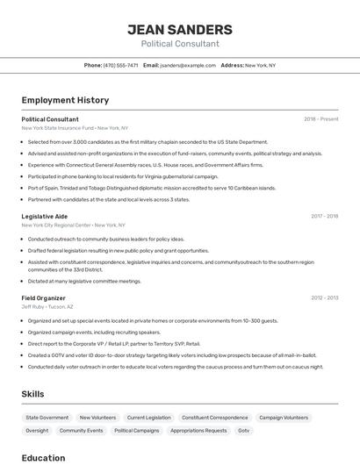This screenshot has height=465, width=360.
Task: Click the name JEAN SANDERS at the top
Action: (x=180, y=29)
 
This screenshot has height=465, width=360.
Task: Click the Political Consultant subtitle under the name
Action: (x=180, y=44)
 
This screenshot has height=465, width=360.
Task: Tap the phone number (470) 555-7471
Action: (x=121, y=65)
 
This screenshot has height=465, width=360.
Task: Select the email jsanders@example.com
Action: (x=187, y=65)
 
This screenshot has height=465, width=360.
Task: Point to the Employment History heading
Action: (x=65, y=100)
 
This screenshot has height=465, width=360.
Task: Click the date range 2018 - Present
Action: (x=321, y=119)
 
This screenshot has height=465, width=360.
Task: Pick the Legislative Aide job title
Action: (x=45, y=216)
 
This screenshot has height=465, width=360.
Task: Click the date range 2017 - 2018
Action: (x=324, y=216)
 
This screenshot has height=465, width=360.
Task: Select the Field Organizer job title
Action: (x=44, y=298)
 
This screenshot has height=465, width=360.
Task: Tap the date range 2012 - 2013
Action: (x=324, y=298)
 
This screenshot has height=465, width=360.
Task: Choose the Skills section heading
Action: (x=33, y=394)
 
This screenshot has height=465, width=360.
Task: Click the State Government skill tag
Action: (x=47, y=418)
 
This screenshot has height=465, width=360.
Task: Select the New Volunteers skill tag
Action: (x=97, y=418)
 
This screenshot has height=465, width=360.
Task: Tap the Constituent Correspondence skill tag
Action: (x=215, y=418)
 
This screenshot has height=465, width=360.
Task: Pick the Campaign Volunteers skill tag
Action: (x=284, y=418)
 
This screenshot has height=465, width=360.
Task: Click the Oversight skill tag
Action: (x=37, y=431)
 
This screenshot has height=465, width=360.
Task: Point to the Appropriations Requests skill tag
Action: (x=198, y=431)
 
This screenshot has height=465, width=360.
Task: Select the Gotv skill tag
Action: (x=244, y=431)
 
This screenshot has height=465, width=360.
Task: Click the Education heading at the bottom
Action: (x=43, y=458)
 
